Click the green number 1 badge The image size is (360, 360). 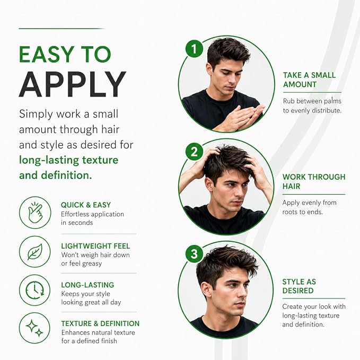194,48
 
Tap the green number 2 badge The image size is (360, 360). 194,152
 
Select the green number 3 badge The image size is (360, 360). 194,254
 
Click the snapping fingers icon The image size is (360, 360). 35,213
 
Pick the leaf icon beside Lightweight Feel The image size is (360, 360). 35,252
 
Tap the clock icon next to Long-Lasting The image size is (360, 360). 35,290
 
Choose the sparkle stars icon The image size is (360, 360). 35,328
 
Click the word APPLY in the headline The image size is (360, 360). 73,84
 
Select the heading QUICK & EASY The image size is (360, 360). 86,205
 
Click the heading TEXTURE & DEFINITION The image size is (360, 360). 100,323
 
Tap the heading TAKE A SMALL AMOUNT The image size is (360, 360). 309,80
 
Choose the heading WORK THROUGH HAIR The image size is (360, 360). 314,181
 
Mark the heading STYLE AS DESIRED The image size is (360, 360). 299,286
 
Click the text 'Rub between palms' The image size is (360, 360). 312,101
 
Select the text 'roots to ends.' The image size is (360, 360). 303,212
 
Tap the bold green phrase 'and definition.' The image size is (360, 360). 56,175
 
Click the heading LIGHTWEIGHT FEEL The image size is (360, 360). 95,246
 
